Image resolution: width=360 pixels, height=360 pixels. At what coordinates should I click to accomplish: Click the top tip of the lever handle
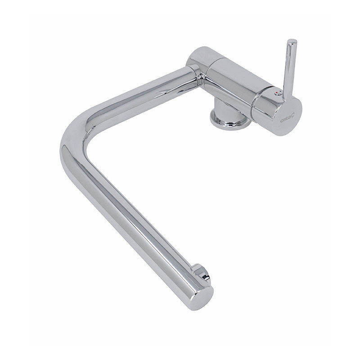pyautogui.click(x=292, y=41)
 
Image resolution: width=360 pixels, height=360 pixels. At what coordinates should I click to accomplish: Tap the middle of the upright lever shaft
pyautogui.click(x=289, y=69)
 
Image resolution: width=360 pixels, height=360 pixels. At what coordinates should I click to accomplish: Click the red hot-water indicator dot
pyautogui.click(x=277, y=93)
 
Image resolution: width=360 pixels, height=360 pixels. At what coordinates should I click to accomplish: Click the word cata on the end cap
pyautogui.click(x=285, y=120)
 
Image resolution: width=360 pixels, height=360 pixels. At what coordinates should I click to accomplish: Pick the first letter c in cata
pyautogui.click(x=282, y=121)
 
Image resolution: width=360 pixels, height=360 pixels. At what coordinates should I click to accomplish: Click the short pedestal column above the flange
pyautogui.click(x=226, y=110)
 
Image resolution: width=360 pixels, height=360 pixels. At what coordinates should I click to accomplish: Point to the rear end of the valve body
pyautogui.click(x=198, y=54)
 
